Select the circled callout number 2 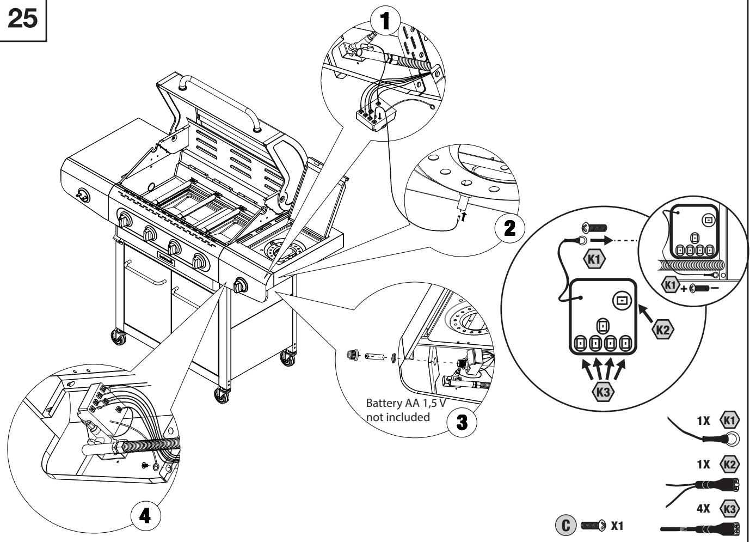(509, 228)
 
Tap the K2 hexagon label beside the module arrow (662, 330)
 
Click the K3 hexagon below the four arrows (601, 391)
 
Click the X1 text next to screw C (617, 527)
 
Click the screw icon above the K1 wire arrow (594, 228)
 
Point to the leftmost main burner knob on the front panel (125, 221)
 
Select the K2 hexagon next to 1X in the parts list (729, 465)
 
